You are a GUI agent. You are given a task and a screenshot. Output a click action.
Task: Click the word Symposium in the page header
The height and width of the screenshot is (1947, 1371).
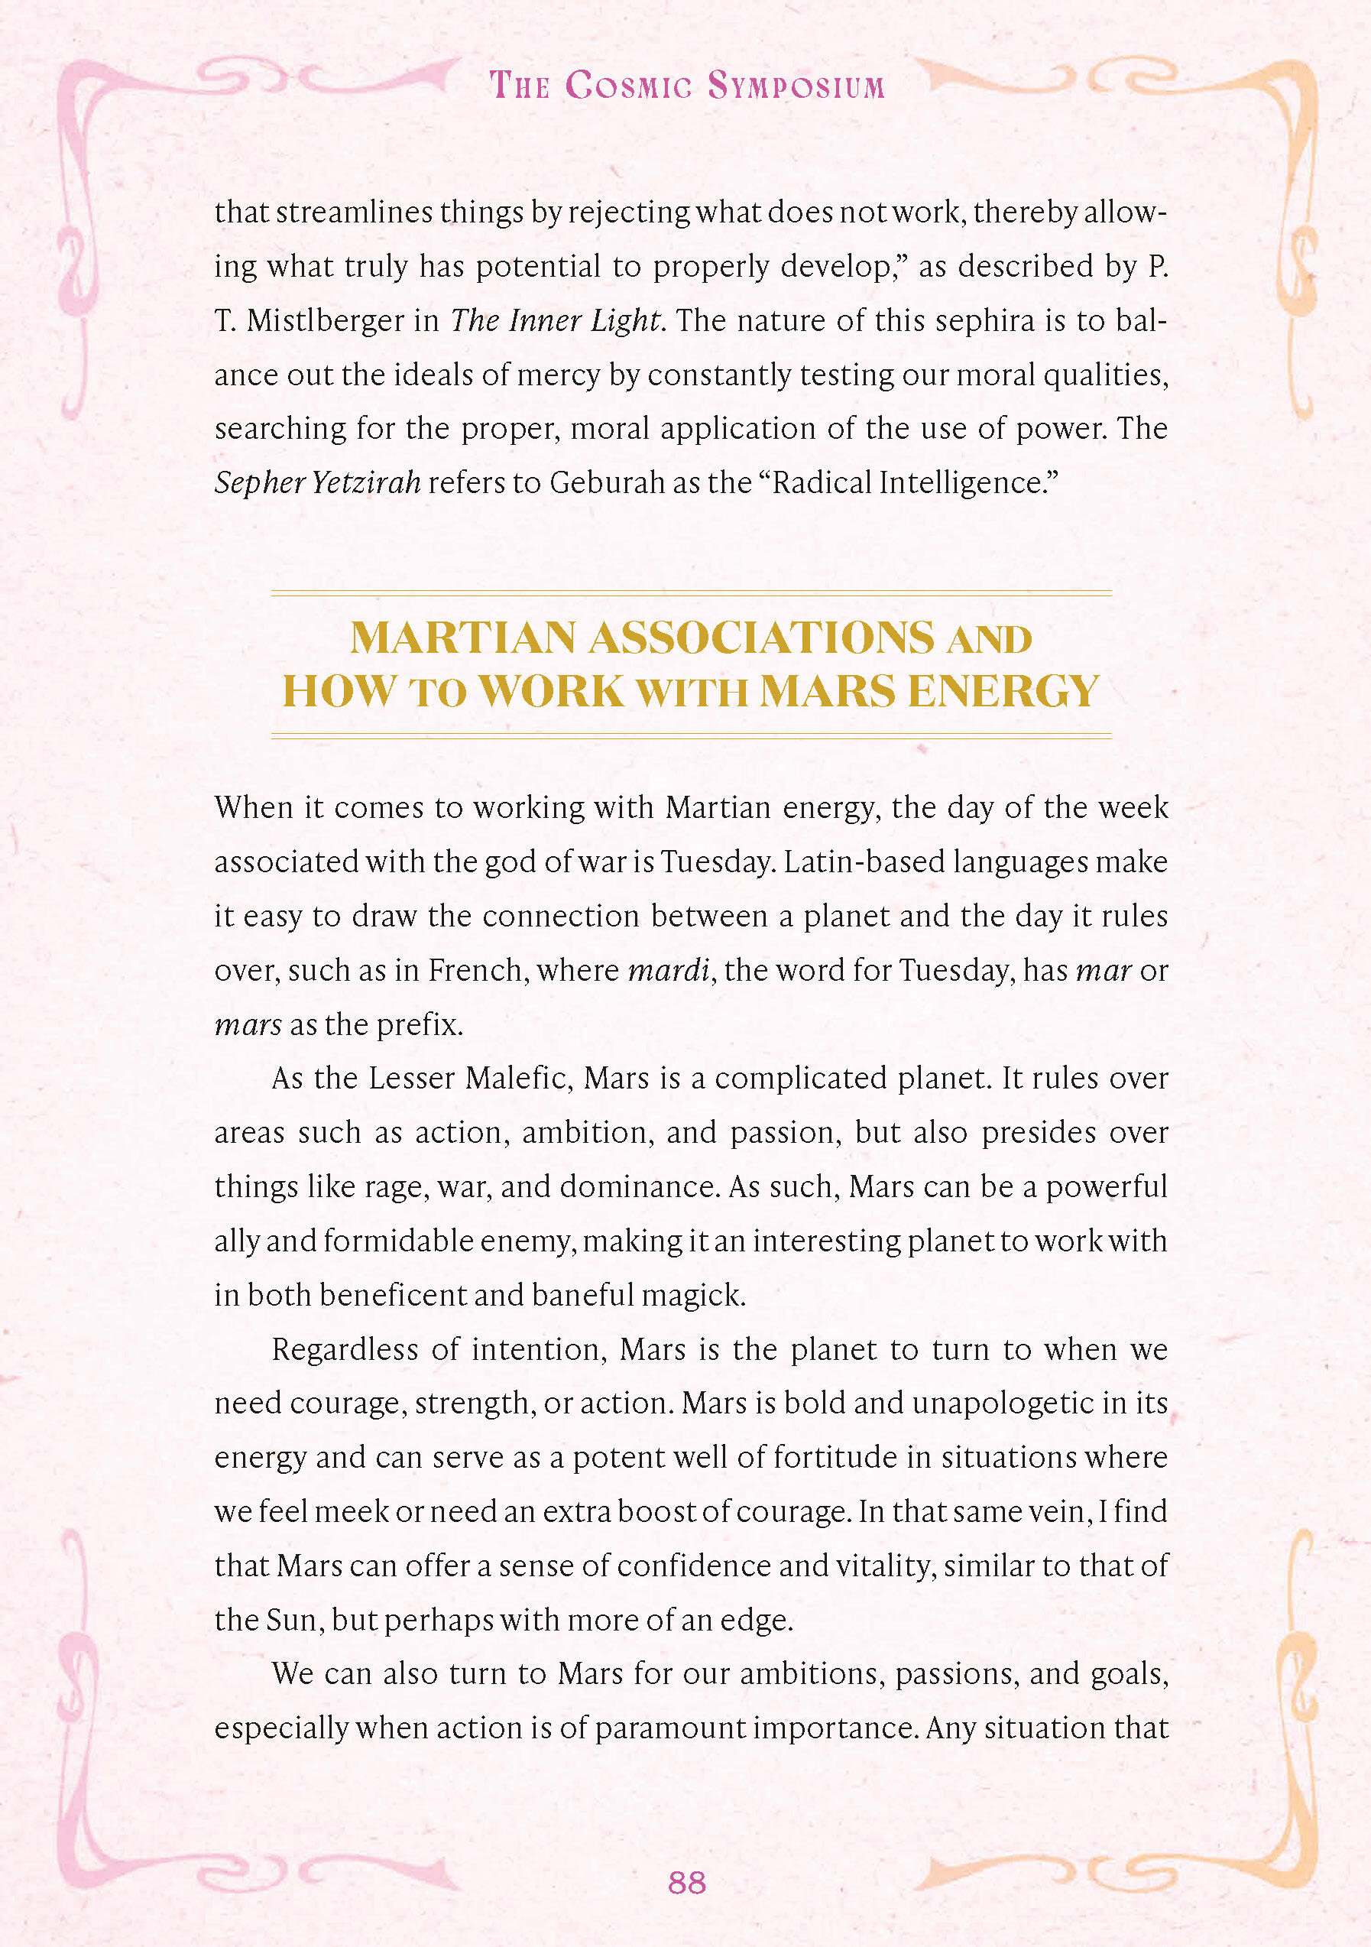(796, 86)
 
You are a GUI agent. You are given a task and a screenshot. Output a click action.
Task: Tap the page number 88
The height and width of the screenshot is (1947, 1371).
(687, 1883)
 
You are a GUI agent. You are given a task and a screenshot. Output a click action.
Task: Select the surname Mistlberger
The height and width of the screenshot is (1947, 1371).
(326, 320)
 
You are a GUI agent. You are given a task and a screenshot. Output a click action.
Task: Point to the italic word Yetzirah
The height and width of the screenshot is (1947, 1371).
(366, 482)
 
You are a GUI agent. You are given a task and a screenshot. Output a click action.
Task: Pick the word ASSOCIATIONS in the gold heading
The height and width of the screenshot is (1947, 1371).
(760, 638)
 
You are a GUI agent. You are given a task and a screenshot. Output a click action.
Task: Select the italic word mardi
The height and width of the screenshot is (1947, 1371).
(668, 970)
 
